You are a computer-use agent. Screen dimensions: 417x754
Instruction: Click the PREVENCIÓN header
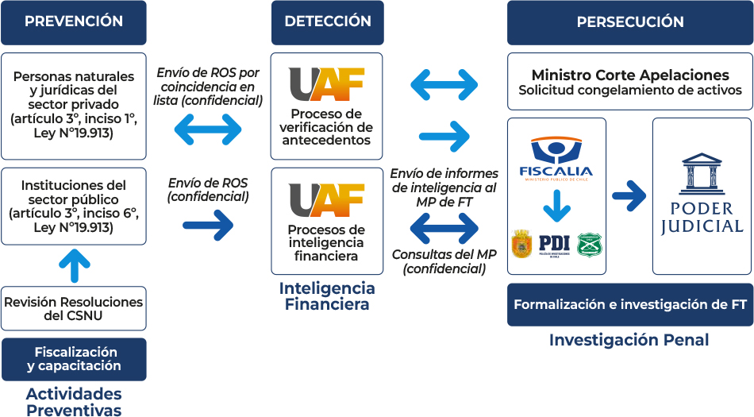(74, 22)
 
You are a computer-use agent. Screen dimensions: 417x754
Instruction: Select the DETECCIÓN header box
(327, 22)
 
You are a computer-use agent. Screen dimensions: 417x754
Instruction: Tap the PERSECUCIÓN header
(630, 22)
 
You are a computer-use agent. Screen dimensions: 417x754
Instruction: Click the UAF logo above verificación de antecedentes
(326, 84)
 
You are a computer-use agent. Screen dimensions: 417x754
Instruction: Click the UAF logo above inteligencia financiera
(326, 199)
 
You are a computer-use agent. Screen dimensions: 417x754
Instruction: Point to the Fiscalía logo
(556, 158)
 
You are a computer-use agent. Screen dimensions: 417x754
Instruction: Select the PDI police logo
(554, 244)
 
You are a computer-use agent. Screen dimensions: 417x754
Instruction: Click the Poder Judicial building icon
(702, 173)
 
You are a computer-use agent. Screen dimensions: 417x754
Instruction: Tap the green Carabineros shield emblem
(589, 244)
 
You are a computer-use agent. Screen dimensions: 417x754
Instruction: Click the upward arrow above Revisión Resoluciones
(75, 265)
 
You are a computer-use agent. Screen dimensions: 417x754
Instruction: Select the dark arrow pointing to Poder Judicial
(629, 193)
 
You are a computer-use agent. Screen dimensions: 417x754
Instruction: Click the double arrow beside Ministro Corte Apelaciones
(444, 84)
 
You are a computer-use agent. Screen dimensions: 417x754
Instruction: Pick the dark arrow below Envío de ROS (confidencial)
(208, 226)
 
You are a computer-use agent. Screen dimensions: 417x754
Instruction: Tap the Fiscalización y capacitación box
(74, 359)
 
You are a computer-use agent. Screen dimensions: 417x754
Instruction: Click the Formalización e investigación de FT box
(630, 304)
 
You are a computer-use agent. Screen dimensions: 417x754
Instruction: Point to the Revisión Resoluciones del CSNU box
(74, 308)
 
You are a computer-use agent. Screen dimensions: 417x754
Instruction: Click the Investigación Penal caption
(629, 340)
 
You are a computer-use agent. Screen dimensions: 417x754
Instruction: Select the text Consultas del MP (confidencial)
(444, 261)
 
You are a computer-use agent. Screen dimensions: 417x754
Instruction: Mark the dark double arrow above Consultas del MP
(444, 228)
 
